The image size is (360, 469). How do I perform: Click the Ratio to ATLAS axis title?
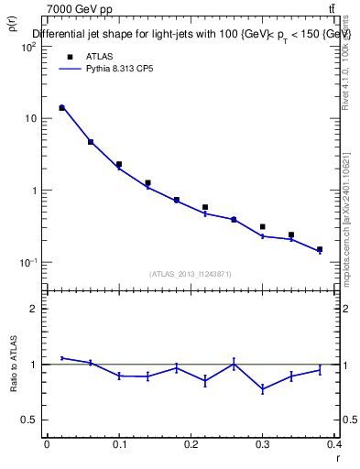(15, 365)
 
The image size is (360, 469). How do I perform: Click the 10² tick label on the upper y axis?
(27, 47)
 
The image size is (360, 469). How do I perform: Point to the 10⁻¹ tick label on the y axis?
(27, 263)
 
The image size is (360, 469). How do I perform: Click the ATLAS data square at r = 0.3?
(262, 226)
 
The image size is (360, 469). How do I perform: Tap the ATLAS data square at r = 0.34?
(291, 234)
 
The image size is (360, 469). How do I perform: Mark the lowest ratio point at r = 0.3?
(262, 389)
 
